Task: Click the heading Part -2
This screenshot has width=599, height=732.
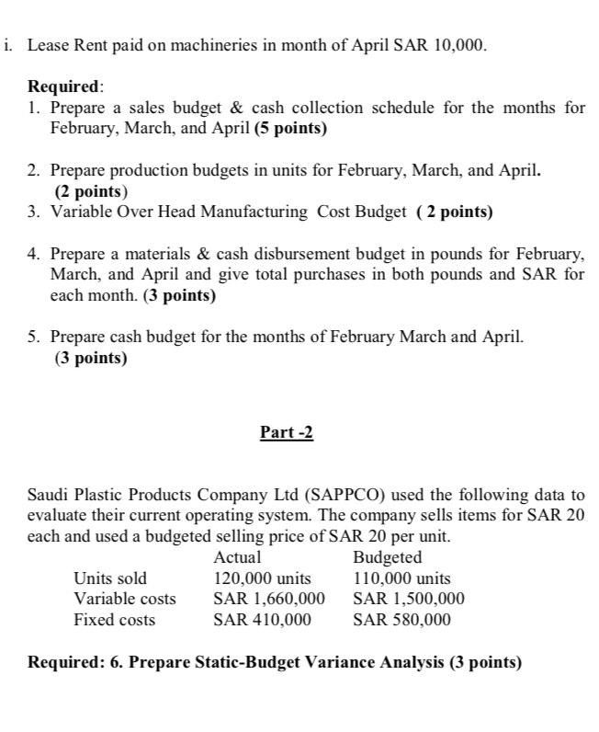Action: click(x=287, y=432)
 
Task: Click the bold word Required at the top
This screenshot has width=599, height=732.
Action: click(x=64, y=87)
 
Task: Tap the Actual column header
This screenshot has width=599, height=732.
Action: click(x=237, y=557)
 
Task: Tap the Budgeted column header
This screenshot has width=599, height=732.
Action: click(x=387, y=557)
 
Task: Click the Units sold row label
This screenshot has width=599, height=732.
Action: click(x=109, y=578)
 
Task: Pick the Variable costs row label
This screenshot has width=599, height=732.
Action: click(x=124, y=599)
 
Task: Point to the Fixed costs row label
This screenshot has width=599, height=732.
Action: click(x=114, y=620)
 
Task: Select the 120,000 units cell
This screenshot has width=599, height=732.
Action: click(x=262, y=578)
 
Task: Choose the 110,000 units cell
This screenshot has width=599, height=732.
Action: click(x=401, y=578)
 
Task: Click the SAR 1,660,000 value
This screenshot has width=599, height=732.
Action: click(x=269, y=599)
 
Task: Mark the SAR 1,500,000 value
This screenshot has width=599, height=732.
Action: click(x=409, y=599)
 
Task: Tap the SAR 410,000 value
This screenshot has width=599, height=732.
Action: click(x=262, y=620)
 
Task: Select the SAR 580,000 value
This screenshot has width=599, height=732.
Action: click(x=401, y=620)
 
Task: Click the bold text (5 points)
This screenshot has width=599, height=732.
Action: click(x=290, y=128)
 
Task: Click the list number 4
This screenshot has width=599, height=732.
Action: click(x=33, y=253)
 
